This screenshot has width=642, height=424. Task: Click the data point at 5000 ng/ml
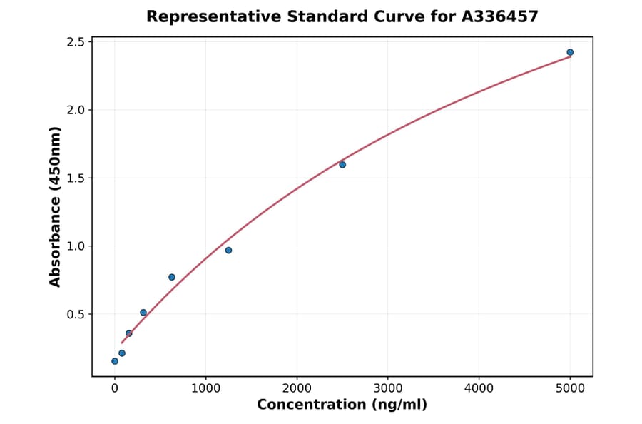click(570, 52)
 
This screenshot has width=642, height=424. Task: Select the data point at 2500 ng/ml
click(342, 165)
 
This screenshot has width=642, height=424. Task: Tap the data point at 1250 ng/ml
click(228, 251)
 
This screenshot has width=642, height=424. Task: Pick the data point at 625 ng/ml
click(172, 277)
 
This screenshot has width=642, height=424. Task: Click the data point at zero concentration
click(115, 361)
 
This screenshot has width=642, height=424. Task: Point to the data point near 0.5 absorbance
click(143, 313)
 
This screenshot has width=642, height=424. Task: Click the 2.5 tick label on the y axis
click(76, 42)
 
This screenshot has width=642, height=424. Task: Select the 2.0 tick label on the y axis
click(76, 110)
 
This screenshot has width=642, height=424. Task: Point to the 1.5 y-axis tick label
click(76, 178)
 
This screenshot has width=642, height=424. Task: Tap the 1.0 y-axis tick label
click(76, 246)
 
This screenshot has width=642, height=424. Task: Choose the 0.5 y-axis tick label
click(76, 314)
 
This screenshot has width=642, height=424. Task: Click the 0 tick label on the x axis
click(115, 388)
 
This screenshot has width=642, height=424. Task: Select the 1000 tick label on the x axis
click(205, 388)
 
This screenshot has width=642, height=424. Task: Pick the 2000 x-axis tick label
click(297, 388)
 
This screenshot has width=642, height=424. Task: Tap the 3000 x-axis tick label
click(387, 388)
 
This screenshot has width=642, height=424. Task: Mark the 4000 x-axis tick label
click(479, 388)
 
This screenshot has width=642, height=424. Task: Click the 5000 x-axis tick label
click(570, 388)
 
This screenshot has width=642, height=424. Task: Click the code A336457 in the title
click(499, 16)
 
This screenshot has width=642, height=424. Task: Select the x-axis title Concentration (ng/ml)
click(342, 405)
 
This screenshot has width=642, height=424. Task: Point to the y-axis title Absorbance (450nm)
click(56, 206)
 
